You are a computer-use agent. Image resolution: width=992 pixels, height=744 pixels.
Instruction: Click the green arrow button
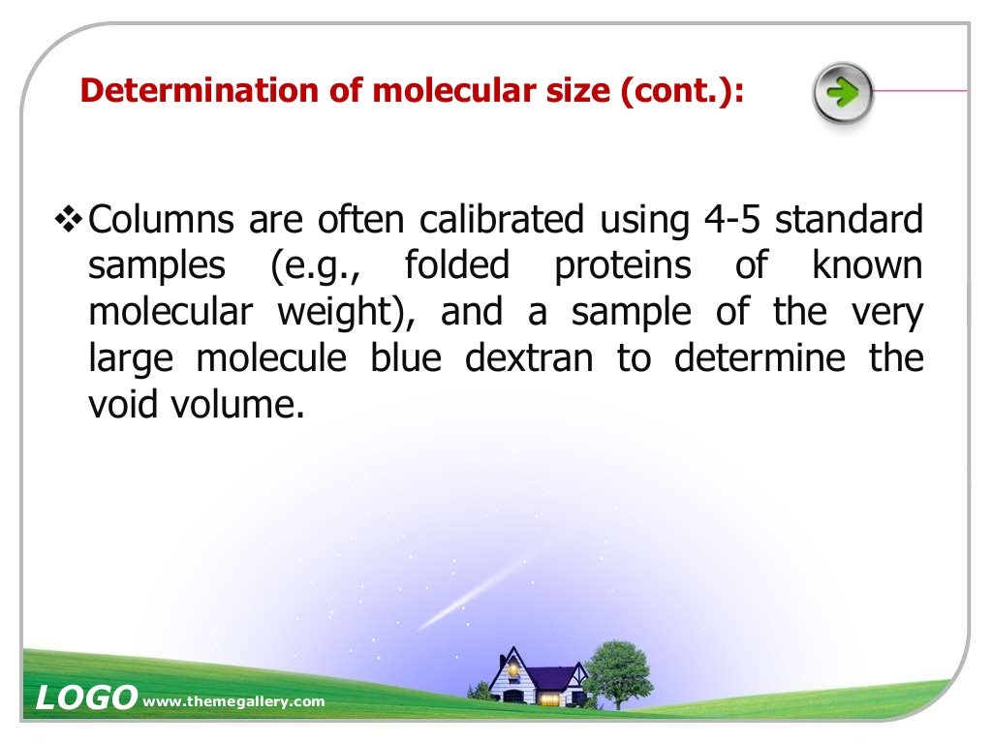coord(843,94)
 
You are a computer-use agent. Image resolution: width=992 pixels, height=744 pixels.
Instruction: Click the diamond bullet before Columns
coord(68,221)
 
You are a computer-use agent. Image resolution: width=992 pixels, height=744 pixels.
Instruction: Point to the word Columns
coord(161,221)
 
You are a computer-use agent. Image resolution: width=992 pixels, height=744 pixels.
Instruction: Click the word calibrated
coord(502,221)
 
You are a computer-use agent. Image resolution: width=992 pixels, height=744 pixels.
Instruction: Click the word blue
coord(406,358)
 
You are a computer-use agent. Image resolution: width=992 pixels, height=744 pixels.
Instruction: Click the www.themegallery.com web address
coord(233,701)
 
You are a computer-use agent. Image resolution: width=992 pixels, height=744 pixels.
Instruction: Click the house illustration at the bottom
coord(536,675)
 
